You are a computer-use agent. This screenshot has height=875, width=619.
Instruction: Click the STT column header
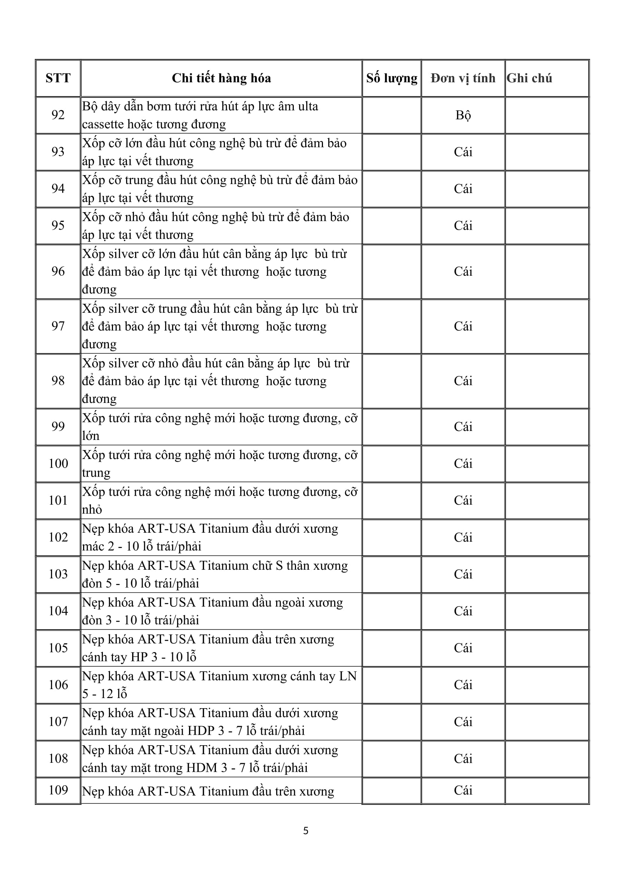pyautogui.click(x=58, y=78)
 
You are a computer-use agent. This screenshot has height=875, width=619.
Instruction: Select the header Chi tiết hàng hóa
pyautogui.click(x=221, y=78)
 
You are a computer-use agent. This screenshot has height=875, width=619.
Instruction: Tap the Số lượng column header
pyautogui.click(x=391, y=78)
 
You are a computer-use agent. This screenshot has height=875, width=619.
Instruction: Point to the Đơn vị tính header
pyautogui.click(x=463, y=78)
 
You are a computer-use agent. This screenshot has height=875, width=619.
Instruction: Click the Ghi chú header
pyautogui.click(x=529, y=78)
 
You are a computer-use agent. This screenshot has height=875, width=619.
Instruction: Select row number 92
pyautogui.click(x=58, y=115)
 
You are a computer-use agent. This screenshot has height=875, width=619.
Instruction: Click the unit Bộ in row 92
pyautogui.click(x=463, y=115)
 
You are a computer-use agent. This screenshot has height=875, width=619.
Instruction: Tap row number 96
pyautogui.click(x=58, y=271)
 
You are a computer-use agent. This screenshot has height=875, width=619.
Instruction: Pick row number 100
pyautogui.click(x=58, y=463)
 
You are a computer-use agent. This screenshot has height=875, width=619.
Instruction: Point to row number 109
pyautogui.click(x=58, y=790)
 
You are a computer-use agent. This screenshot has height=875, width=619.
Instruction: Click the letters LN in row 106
pyautogui.click(x=348, y=676)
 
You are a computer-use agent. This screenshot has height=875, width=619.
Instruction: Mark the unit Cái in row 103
pyautogui.click(x=463, y=574)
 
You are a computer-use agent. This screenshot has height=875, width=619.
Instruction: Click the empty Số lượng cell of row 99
pyautogui.click(x=391, y=426)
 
